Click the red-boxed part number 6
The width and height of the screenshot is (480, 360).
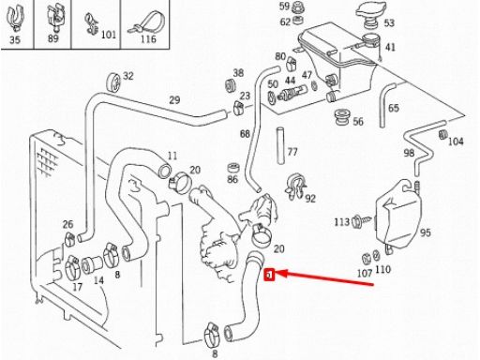(268, 275)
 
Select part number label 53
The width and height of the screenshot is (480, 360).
(389, 22)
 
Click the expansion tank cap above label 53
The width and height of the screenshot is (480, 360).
(371, 12)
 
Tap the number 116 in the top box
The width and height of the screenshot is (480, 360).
(148, 38)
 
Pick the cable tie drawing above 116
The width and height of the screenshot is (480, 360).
(143, 23)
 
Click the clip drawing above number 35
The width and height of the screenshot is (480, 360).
(15, 18)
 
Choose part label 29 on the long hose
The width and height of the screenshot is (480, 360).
(174, 100)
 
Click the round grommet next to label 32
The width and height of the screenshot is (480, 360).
(113, 82)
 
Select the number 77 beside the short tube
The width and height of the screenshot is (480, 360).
(292, 152)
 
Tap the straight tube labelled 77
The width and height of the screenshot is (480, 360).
(280, 145)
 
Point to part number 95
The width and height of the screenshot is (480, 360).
(425, 232)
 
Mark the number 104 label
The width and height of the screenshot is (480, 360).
(456, 142)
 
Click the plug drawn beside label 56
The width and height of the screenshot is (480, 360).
(341, 117)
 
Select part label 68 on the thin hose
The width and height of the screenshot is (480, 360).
(245, 134)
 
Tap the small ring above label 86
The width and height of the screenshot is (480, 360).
(232, 168)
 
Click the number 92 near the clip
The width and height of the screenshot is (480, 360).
(310, 198)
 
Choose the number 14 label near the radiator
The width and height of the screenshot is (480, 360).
(98, 280)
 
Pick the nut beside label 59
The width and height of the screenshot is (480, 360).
(298, 7)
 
